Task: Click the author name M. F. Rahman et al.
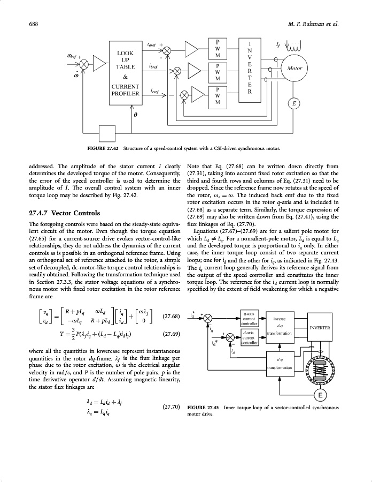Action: pyautogui.click(x=315, y=24)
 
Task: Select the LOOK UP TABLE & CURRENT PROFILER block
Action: pyautogui.click(x=125, y=73)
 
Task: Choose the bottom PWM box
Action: pyautogui.click(x=218, y=95)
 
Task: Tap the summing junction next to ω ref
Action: pyautogui.click(x=84, y=63)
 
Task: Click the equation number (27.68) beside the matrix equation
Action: pyautogui.click(x=171, y=316)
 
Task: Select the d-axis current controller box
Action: pyautogui.click(x=247, y=338)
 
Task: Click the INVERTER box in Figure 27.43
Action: pyautogui.click(x=320, y=328)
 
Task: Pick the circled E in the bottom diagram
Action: pyautogui.click(x=320, y=396)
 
